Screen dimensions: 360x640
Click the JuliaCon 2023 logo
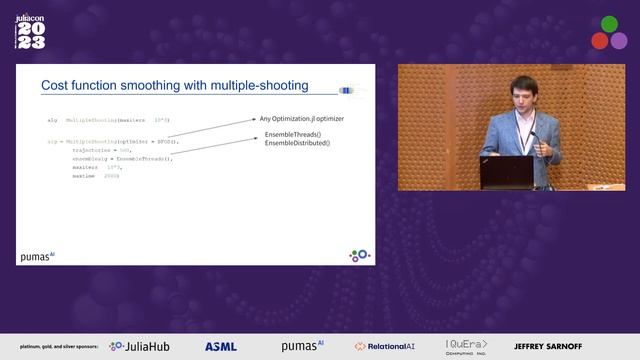[x=31, y=30]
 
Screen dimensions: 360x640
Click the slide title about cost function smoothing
[x=174, y=86]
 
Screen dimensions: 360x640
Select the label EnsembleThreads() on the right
[x=293, y=135]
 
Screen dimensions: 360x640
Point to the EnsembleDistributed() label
[x=297, y=144]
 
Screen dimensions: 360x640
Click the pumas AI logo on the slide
[x=38, y=256]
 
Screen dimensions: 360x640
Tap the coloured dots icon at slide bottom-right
[x=359, y=256]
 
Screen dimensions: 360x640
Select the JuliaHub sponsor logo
[x=144, y=346]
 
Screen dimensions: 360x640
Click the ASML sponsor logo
[x=221, y=346]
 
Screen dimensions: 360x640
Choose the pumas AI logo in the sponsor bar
[x=302, y=345]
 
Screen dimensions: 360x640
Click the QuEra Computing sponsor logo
[x=466, y=346]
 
